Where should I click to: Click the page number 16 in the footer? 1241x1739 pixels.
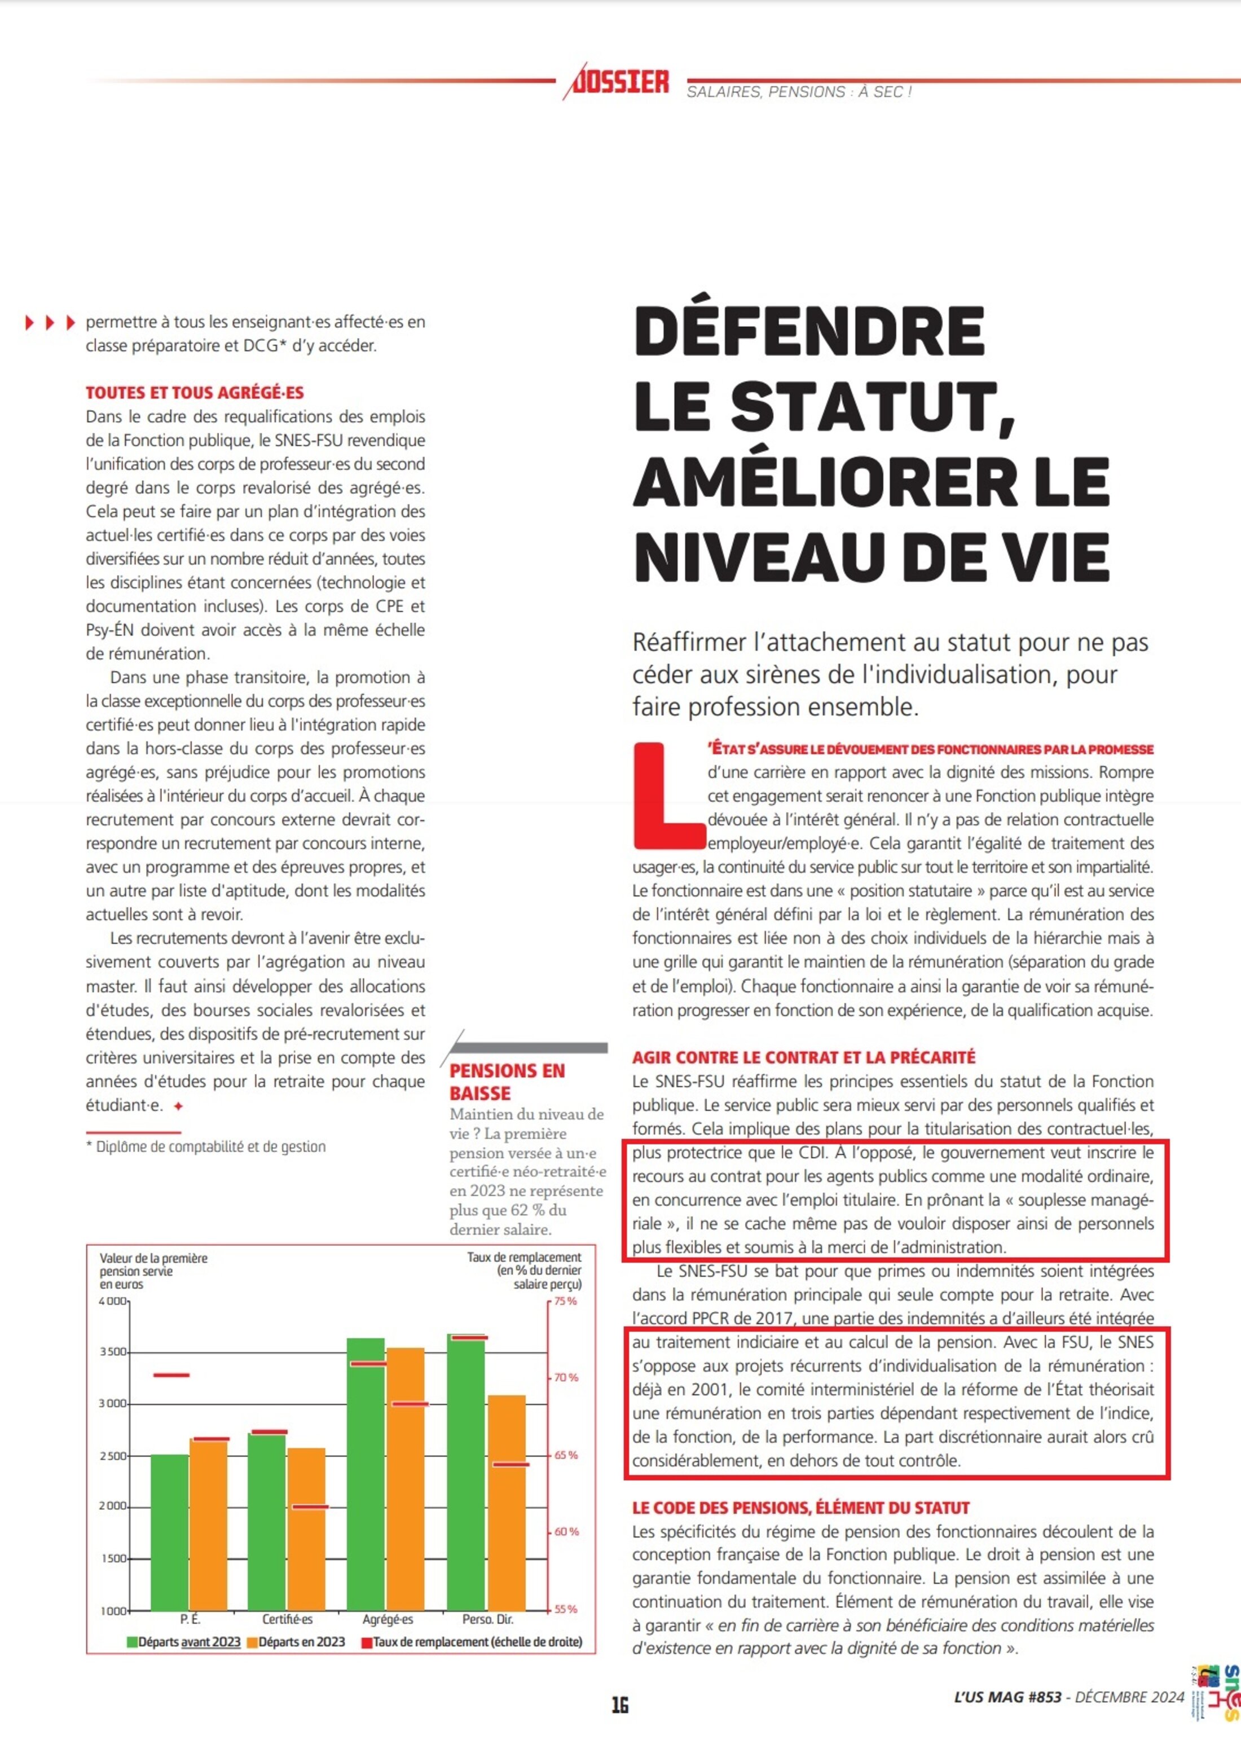620,1705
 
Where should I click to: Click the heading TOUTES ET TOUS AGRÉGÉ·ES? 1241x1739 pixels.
194,393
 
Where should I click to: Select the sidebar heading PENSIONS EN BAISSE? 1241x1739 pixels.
507,1082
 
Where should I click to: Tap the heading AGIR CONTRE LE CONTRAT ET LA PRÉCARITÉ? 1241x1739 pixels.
803,1057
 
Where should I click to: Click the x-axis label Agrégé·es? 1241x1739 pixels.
388,1619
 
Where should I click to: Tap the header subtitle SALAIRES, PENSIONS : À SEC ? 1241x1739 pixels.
799,93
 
